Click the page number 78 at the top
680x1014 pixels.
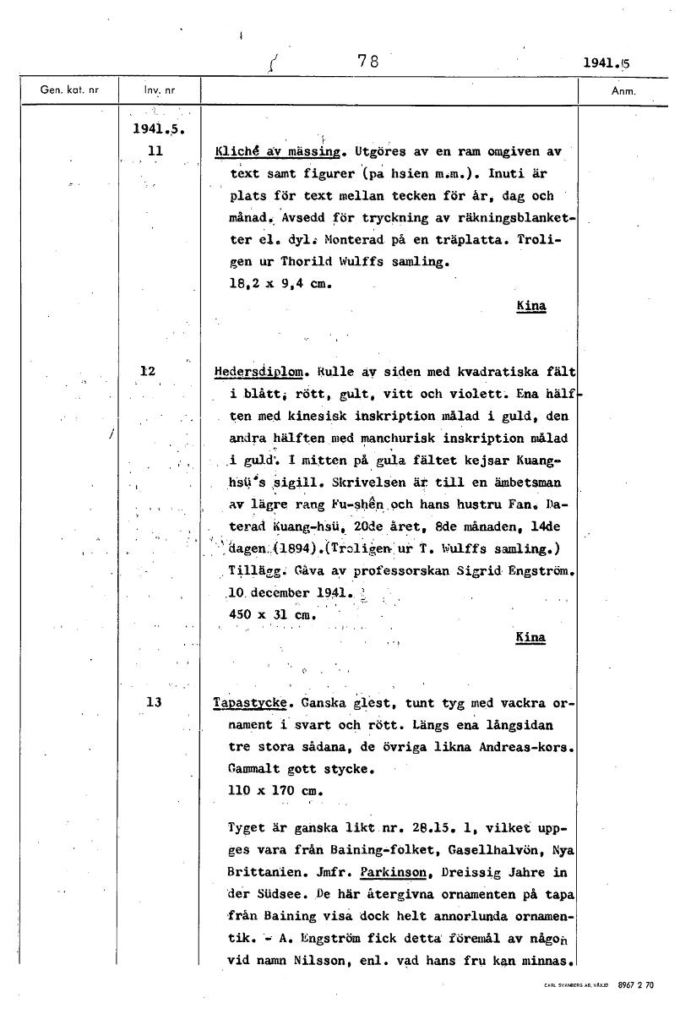point(367,61)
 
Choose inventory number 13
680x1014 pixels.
point(154,701)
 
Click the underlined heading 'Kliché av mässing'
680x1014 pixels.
point(281,152)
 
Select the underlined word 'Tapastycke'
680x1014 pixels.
point(251,702)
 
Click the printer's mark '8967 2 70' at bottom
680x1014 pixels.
point(636,985)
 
